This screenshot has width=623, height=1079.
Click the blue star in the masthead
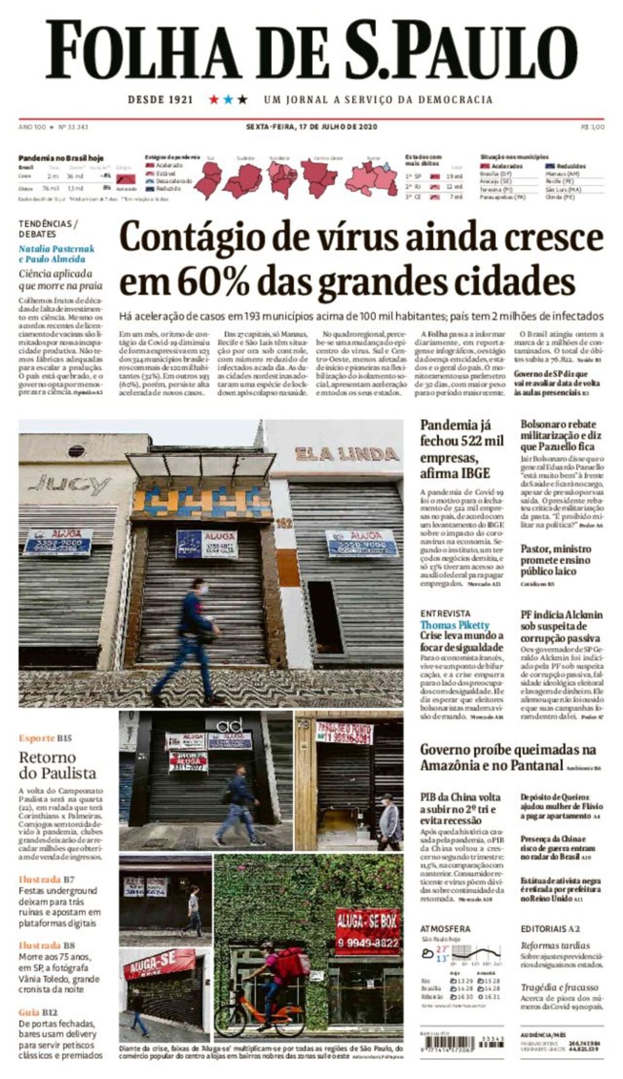pos(228,99)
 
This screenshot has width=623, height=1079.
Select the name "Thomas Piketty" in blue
pos(454,625)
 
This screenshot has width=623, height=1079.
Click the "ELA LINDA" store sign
pos(347,453)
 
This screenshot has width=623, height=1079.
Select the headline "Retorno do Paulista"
pos(57,765)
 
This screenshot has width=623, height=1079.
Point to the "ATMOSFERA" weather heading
pos(445,929)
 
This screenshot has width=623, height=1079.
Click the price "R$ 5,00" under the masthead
pos(592,127)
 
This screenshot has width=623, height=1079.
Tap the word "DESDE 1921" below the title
pos(160,99)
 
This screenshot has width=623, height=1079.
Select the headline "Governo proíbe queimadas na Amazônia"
pos(507,757)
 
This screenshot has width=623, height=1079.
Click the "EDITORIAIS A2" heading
pos(550,929)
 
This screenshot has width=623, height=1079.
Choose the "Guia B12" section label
pos(38,1012)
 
